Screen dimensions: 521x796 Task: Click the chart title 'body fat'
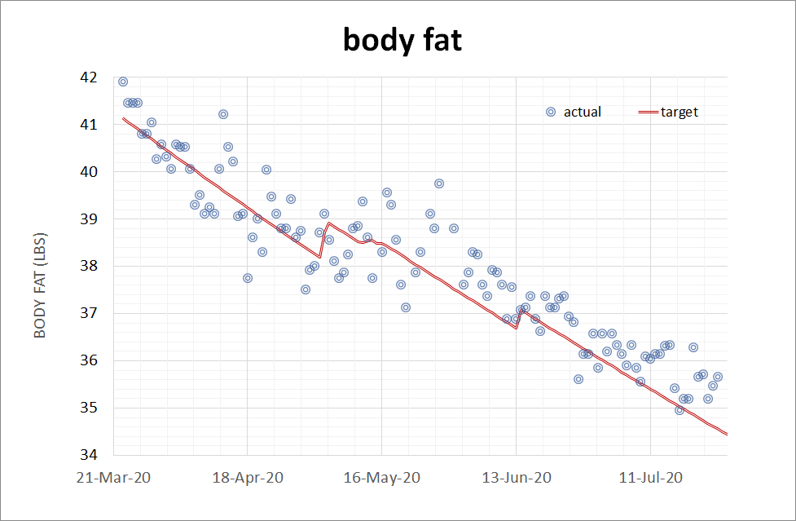click(402, 39)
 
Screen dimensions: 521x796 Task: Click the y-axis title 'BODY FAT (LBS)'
click(39, 267)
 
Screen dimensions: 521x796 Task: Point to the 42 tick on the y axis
click(89, 78)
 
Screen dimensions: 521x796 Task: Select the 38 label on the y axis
click(89, 267)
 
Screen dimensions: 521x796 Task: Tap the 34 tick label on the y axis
click(89, 455)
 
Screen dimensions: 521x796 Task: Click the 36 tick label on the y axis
click(89, 360)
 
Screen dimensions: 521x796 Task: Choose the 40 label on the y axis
click(89, 172)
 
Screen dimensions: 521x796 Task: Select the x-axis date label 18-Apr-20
click(248, 477)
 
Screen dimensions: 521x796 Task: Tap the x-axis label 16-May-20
click(382, 477)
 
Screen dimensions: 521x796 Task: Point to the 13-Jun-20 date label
click(517, 477)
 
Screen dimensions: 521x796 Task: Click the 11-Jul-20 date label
click(650, 477)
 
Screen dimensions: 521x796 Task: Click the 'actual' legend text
click(583, 113)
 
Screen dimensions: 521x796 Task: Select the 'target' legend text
click(679, 113)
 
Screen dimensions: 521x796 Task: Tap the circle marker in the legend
click(551, 113)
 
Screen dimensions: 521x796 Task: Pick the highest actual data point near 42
click(123, 82)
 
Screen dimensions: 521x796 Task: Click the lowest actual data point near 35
click(679, 410)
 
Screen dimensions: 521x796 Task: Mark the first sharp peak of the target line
click(328, 223)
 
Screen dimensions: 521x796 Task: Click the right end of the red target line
click(726, 434)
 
